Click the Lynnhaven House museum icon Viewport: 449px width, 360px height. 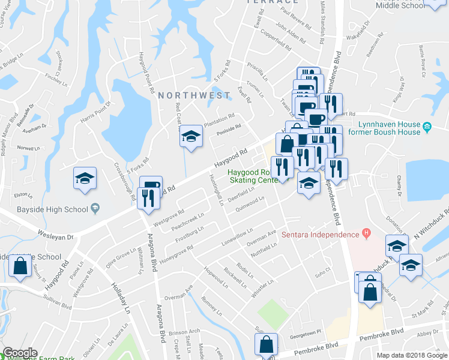click(427, 127)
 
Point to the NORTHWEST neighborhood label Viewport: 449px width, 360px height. click(194, 95)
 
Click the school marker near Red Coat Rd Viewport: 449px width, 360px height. click(190, 137)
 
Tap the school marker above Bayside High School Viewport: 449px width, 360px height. click(85, 178)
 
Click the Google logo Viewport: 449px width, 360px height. click(20, 353)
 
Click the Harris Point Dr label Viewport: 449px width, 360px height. click(95, 115)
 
